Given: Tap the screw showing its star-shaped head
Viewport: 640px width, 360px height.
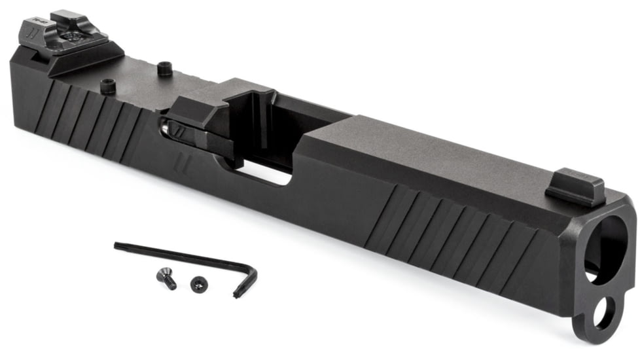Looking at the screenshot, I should (197, 283).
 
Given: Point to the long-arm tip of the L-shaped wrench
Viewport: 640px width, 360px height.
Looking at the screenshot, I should (118, 245).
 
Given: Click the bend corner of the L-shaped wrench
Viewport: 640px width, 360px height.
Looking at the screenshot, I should (253, 267).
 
